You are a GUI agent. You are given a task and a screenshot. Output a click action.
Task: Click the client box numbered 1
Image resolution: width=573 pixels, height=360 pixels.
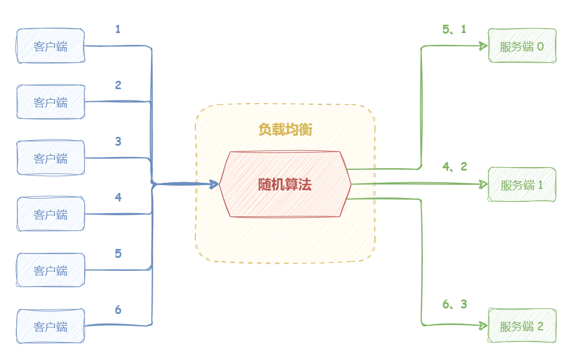(51, 46)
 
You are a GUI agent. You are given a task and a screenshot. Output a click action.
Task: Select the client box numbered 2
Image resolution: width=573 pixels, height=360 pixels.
(51, 102)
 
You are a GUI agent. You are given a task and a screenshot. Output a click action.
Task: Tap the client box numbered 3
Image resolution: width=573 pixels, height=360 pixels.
(51, 158)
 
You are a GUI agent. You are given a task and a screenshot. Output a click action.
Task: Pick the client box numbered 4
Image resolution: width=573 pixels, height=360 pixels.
(51, 214)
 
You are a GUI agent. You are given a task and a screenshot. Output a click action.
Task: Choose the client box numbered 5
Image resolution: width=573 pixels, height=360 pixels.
(51, 270)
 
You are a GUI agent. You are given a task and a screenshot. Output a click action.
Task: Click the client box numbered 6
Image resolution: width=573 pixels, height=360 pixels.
(51, 326)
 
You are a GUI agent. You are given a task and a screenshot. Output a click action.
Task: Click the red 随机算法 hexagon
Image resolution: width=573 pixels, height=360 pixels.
(285, 184)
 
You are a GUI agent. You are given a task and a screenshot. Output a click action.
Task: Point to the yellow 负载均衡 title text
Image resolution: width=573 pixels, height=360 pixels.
(285, 130)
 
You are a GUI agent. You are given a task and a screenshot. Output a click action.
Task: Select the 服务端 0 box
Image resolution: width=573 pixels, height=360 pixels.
(522, 46)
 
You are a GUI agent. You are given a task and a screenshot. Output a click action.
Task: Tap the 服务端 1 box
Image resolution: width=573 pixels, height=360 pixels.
(522, 184)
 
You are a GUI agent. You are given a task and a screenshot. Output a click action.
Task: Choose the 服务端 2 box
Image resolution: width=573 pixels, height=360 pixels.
(522, 325)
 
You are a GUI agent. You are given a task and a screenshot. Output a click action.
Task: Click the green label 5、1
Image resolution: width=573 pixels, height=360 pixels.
(454, 30)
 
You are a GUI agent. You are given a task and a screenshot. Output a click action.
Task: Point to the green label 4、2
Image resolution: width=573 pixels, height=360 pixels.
(455, 167)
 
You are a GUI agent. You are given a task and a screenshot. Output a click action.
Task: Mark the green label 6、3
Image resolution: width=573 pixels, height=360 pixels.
(455, 304)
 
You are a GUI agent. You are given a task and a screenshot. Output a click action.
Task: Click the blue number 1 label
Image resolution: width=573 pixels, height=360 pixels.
(118, 29)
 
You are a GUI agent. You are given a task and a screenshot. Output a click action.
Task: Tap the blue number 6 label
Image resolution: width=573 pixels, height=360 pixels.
(118, 310)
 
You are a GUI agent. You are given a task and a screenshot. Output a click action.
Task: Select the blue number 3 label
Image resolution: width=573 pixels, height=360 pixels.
(118, 141)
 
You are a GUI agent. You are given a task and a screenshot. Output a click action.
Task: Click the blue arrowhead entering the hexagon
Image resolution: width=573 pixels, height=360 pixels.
(214, 183)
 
